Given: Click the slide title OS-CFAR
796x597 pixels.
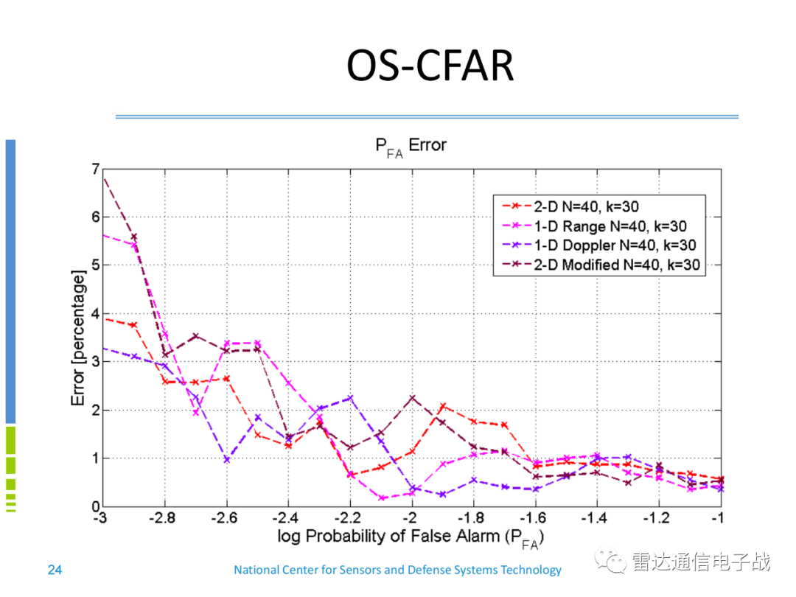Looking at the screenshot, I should pos(430,66).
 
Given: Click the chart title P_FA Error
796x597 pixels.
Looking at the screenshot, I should pos(411,145).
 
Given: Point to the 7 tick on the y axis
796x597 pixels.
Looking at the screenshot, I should pos(94,169).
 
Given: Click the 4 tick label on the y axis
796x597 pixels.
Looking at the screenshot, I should pos(94,313).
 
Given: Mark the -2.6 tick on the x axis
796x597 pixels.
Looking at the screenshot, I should pos(226,518).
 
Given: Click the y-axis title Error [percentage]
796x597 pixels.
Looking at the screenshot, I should pos(79,338).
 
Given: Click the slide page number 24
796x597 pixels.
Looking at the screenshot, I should pos(55,570).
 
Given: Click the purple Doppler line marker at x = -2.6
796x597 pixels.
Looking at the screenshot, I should pos(226,459).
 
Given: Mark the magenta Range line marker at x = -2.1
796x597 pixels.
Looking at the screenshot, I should pos(382,498).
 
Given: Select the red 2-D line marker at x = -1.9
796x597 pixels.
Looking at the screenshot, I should pos(443,406).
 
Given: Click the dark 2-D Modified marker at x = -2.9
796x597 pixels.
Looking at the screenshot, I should pos(133,237).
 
